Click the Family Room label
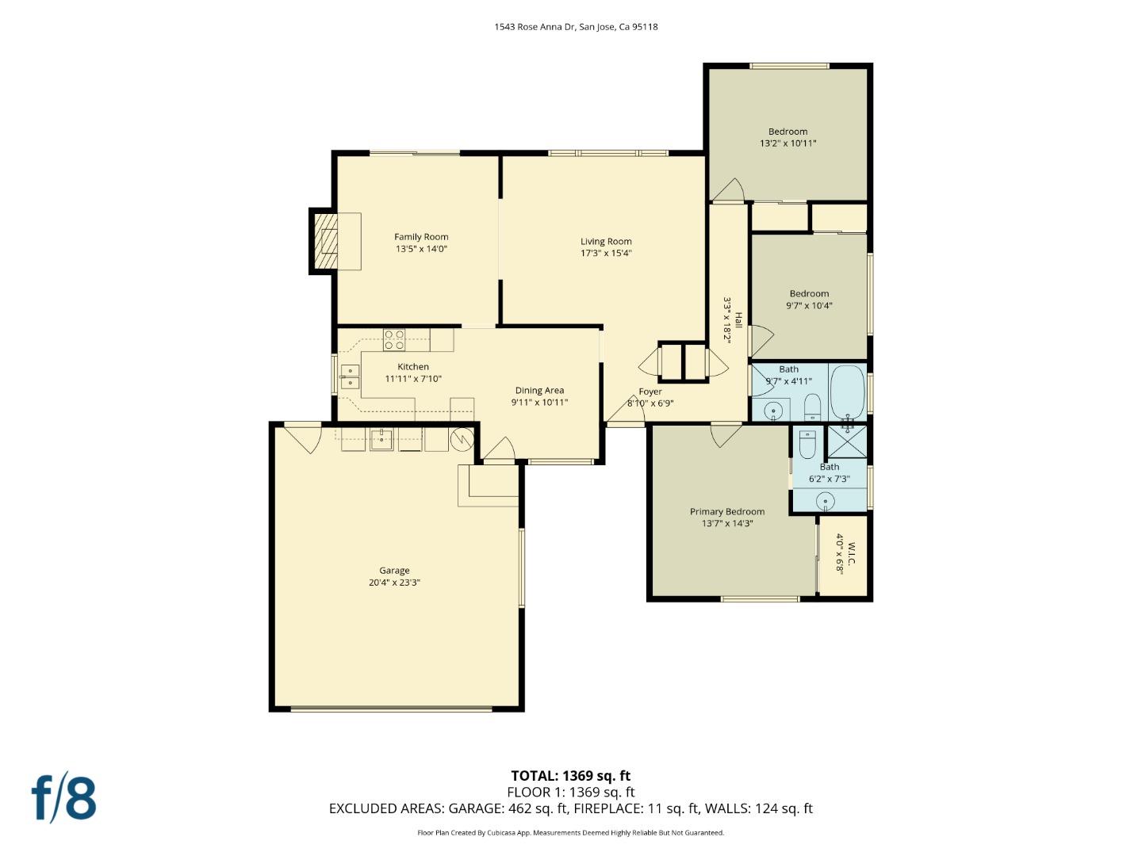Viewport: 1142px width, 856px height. [x=421, y=237]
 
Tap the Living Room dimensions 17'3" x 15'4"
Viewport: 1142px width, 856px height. [x=606, y=253]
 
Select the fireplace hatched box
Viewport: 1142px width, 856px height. [x=324, y=241]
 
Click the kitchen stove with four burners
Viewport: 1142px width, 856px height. [x=394, y=340]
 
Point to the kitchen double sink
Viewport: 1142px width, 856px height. [x=351, y=376]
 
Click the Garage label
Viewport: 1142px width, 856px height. [x=394, y=570]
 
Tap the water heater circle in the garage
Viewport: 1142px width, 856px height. [x=462, y=439]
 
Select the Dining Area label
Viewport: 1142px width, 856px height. [x=539, y=390]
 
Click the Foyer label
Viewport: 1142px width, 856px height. [x=650, y=392]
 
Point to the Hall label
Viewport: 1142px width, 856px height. [x=738, y=319]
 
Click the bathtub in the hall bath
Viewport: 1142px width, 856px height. [x=848, y=392]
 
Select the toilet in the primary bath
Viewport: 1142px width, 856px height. [x=807, y=445]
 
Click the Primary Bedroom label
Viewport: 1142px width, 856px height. [x=727, y=511]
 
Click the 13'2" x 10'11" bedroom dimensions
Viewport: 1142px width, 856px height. [x=788, y=143]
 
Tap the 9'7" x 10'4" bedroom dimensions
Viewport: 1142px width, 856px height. [x=809, y=306]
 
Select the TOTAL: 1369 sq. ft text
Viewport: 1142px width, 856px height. [x=571, y=775]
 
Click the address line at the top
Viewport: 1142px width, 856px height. [x=576, y=26]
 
